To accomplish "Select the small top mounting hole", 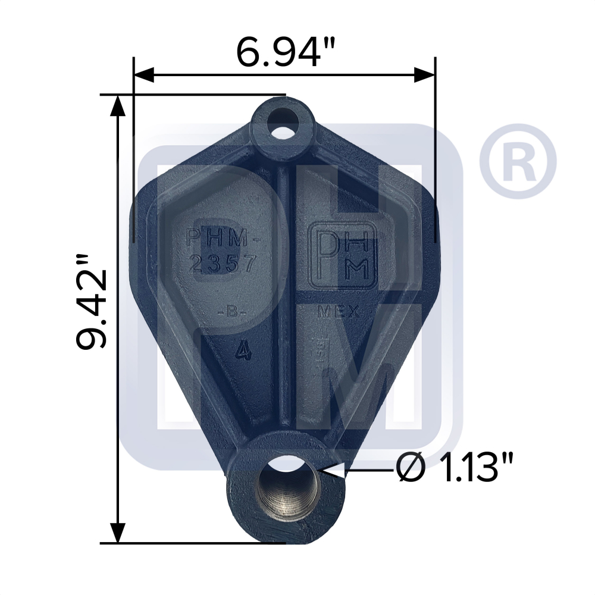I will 283,128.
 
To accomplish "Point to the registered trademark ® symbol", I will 517,161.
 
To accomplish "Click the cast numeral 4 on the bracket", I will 242,351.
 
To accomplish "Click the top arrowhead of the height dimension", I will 118,105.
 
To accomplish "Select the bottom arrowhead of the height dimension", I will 118,531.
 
